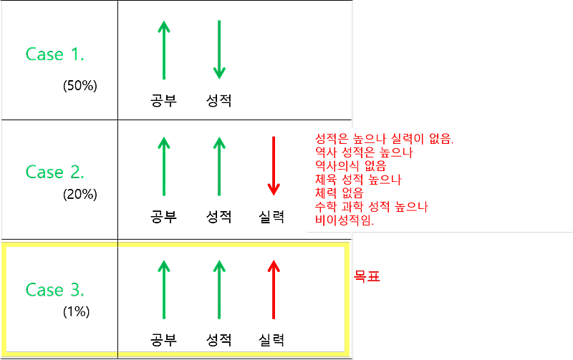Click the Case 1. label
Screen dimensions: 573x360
(55, 54)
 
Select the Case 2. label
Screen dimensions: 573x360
(55, 172)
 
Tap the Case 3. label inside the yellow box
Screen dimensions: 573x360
(55, 290)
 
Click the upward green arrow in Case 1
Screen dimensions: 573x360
(164, 50)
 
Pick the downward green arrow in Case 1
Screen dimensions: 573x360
(219, 50)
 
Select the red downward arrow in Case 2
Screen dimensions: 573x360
(274, 166)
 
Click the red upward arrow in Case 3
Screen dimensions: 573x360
(274, 289)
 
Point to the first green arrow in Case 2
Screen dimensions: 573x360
(164, 166)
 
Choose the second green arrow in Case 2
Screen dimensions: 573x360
(219, 166)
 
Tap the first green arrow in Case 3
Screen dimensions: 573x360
(164, 289)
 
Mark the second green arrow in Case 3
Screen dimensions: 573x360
(219, 289)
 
